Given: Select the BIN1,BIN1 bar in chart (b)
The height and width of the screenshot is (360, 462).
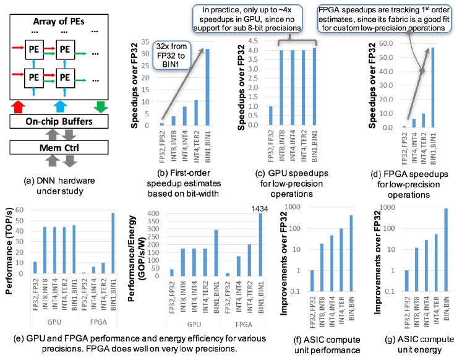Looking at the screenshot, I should click(208, 87).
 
